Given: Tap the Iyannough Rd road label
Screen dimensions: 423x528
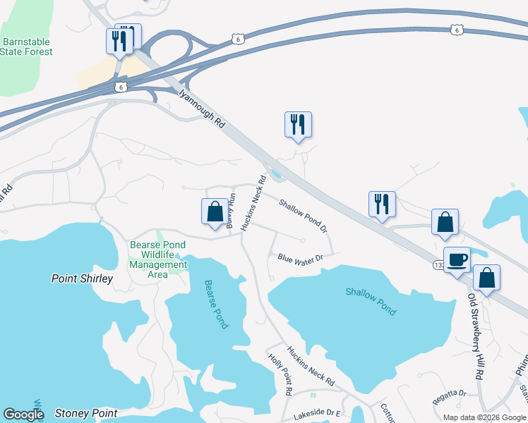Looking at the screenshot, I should pyautogui.click(x=201, y=106).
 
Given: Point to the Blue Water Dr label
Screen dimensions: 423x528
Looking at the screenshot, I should pyautogui.click(x=300, y=258).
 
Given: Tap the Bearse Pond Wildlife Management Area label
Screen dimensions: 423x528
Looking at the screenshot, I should pyautogui.click(x=158, y=259).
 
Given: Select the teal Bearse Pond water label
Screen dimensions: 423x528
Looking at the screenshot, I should pyautogui.click(x=216, y=304).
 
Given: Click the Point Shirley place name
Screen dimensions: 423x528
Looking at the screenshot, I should pyautogui.click(x=82, y=278).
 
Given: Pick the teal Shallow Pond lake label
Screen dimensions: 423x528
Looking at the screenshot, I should pyautogui.click(x=371, y=301).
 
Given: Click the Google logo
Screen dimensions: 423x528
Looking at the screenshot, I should pyautogui.click(x=23, y=415).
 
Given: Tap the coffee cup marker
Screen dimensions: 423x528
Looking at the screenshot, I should pyautogui.click(x=456, y=259).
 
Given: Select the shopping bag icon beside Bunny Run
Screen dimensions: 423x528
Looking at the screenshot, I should pyautogui.click(x=215, y=211).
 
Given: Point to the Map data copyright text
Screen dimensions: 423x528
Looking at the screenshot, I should pyautogui.click(x=484, y=417).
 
